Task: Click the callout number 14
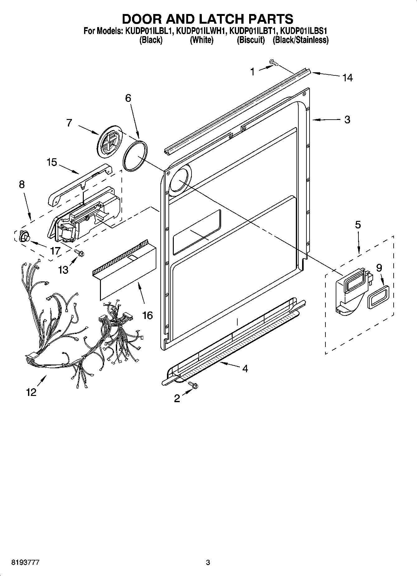tap(348, 78)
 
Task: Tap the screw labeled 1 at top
tap(274, 63)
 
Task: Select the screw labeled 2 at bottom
tap(194, 386)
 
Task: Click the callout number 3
tap(347, 120)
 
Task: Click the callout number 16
tap(147, 315)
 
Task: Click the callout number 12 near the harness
tap(31, 392)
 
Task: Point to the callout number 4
tap(245, 369)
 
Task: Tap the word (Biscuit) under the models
tap(251, 40)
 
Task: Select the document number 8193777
tap(25, 563)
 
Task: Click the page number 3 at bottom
tap(208, 563)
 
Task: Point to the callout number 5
tap(358, 225)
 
